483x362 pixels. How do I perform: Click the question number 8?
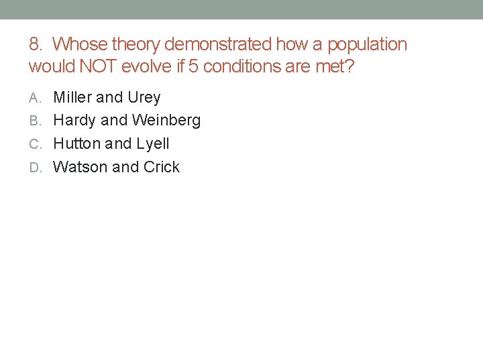(35, 45)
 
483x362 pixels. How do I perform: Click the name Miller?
(72, 98)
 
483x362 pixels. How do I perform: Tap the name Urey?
(144, 98)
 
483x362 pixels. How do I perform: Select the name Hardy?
(74, 121)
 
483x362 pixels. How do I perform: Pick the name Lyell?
(153, 143)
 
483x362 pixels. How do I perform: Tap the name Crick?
(161, 167)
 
